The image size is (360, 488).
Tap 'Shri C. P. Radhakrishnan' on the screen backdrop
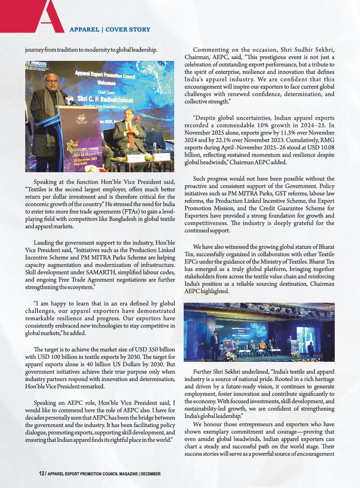[x=105, y=99]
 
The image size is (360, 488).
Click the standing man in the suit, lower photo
[x=215, y=347]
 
